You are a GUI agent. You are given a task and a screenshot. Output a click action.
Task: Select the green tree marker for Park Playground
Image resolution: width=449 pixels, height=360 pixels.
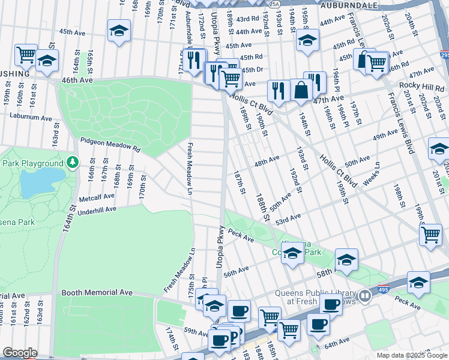(73, 162)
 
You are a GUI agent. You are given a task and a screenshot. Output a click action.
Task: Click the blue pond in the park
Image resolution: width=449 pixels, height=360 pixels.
(42, 182)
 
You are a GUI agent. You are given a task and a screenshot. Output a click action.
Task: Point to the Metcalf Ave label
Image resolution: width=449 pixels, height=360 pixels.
(96, 196)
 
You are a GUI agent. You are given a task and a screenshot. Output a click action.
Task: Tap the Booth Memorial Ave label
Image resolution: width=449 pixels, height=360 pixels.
(97, 292)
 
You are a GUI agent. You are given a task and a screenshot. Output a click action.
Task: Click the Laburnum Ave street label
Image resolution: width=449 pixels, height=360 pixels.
(30, 118)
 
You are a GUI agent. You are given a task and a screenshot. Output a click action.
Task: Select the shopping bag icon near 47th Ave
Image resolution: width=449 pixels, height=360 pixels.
(301, 91)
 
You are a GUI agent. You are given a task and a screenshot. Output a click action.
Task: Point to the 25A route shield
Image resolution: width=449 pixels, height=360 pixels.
(274, 4)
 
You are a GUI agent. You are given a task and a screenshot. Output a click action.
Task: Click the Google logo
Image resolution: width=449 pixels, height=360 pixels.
(20, 353)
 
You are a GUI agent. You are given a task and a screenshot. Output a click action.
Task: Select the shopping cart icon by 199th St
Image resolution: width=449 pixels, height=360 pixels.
(431, 236)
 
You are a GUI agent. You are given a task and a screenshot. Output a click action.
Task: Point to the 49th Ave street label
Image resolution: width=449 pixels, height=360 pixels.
(385, 137)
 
